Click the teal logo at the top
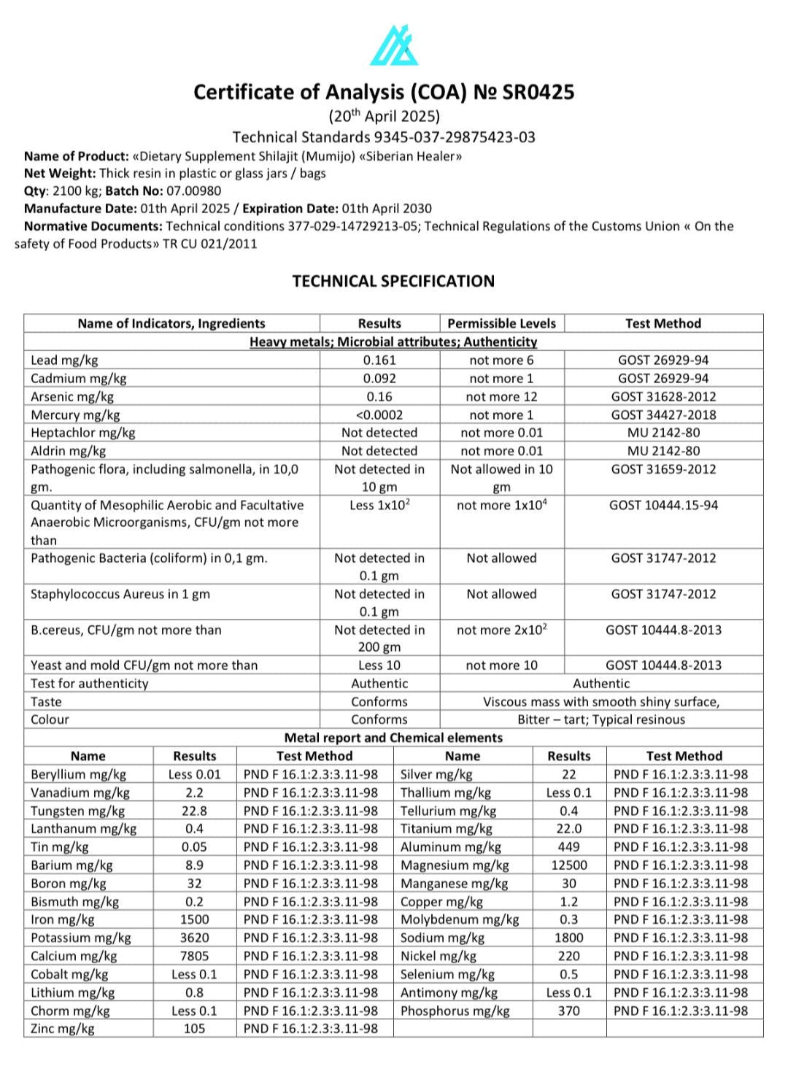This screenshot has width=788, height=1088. pos(394,45)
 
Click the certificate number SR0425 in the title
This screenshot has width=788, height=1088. pos(538,92)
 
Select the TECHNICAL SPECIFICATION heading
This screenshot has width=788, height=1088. pos(393,281)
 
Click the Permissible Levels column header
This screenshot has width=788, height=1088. pos(501,323)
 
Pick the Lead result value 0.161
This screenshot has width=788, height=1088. pos(379,360)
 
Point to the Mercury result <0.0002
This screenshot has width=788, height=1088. pos(379,414)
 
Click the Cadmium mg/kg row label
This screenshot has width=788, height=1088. pos(79,378)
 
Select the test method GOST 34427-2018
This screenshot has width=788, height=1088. pos(663,414)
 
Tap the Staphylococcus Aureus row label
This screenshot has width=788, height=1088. pos(120,594)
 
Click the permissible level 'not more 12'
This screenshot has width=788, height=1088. pos(501,396)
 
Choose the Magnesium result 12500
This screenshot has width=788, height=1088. pos(569,865)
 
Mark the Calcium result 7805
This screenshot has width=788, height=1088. pos(194,956)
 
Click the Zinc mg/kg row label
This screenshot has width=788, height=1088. pos(63,1029)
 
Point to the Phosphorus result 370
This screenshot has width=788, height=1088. pos(569,1011)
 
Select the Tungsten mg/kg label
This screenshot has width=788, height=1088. pos(77,811)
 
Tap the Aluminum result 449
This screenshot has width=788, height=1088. pos(569,847)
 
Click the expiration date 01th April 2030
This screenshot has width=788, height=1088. pos(387,209)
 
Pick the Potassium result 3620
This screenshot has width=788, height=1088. pos(194,938)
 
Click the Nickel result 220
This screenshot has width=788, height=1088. pos(569,956)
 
